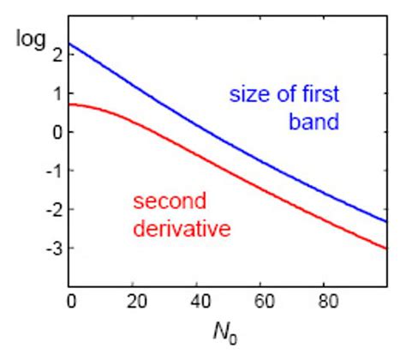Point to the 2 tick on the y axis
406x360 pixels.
[x=56, y=54]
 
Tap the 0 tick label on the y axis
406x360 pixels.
[x=56, y=132]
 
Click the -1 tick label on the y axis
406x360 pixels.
[x=52, y=171]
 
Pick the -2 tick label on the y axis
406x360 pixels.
[x=52, y=209]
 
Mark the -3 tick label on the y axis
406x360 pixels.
[x=52, y=249]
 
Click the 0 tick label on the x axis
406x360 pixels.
[x=69, y=302]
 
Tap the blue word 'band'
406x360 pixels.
[x=314, y=123]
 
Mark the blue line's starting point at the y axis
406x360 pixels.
[x=69, y=44]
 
